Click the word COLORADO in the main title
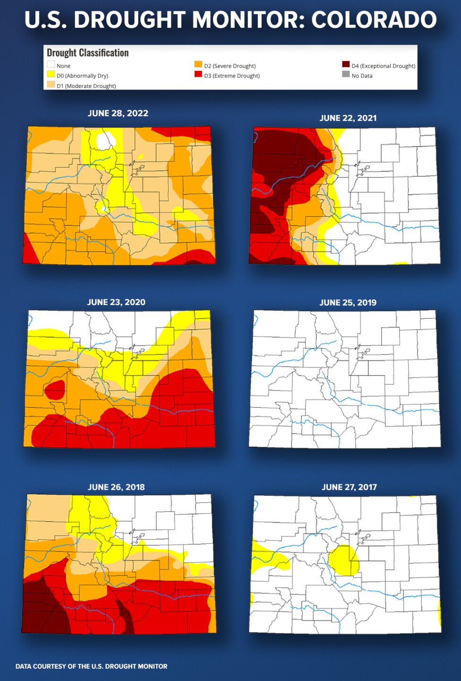pyautogui.click(x=374, y=20)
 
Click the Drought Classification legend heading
pyautogui.click(x=87, y=53)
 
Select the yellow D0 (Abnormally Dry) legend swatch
pyautogui.click(x=51, y=74)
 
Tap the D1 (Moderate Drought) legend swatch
pyautogui.click(x=51, y=85)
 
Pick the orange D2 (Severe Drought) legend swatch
pyautogui.click(x=198, y=64)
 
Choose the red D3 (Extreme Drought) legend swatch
pyautogui.click(x=198, y=74)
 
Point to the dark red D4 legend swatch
pyautogui.click(x=346, y=64)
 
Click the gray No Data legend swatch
pyautogui.click(x=346, y=74)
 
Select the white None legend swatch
pyautogui.click(x=51, y=64)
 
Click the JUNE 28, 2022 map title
pyautogui.click(x=118, y=113)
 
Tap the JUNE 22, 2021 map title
pyautogui.click(x=348, y=118)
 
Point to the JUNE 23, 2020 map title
pyautogui.click(x=116, y=302)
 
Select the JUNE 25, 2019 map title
pyautogui.click(x=348, y=303)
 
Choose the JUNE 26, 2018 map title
pyautogui.click(x=116, y=487)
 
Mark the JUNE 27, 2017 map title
pyautogui.click(x=349, y=487)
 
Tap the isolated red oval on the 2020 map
pyautogui.click(x=55, y=390)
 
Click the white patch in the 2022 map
pyautogui.click(x=105, y=140)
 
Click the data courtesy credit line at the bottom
pyautogui.click(x=91, y=666)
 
